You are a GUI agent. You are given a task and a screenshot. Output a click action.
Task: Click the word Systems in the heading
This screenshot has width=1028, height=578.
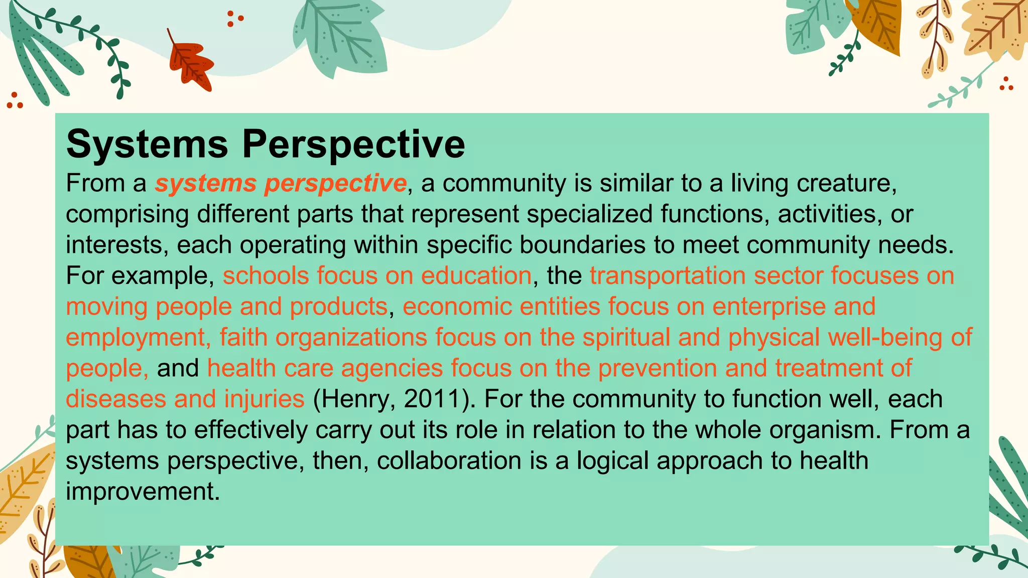(147, 144)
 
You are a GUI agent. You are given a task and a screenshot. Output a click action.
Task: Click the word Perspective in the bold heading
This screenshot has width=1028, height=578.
(353, 144)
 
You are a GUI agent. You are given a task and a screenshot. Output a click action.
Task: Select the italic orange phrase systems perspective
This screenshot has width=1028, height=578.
(281, 183)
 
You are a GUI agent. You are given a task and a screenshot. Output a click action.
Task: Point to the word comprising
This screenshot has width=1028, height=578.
(127, 214)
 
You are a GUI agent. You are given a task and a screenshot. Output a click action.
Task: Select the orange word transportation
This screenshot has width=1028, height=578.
(668, 276)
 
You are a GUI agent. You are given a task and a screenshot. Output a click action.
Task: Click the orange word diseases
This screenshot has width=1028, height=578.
(116, 399)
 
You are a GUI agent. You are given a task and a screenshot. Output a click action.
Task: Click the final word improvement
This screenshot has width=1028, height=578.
(143, 492)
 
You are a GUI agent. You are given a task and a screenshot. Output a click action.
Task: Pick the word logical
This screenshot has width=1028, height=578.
(612, 461)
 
